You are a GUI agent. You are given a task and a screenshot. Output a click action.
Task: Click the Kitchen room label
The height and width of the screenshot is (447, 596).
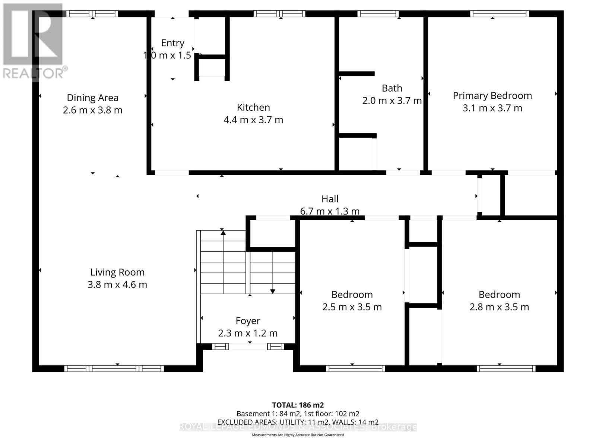point(253,107)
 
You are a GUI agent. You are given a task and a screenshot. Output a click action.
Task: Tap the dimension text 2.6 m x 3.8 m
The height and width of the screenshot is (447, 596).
point(92,110)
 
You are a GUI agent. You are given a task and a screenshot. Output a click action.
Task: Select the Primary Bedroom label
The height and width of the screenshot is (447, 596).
point(492,96)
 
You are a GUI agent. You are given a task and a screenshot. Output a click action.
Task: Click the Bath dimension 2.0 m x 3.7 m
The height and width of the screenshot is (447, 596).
point(392,101)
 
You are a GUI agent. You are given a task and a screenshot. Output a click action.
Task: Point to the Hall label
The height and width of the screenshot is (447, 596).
point(330,199)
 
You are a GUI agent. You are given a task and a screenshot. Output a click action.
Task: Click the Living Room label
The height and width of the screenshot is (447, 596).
point(117,272)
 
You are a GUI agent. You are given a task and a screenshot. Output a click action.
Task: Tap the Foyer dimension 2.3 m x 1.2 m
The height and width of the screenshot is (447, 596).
point(248,333)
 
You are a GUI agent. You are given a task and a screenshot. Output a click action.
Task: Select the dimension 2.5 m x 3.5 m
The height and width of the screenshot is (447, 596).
point(352,307)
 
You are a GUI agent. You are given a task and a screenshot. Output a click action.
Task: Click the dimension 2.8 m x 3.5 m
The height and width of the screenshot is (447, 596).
point(499,307)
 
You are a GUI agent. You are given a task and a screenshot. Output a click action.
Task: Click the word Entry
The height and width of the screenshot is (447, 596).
point(172,43)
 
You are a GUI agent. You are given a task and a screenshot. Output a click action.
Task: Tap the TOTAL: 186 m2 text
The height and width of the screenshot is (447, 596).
point(298,405)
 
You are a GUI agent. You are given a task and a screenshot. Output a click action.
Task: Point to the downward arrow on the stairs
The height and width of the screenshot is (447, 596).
point(273,291)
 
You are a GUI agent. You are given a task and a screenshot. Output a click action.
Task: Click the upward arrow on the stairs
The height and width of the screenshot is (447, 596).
point(223,233)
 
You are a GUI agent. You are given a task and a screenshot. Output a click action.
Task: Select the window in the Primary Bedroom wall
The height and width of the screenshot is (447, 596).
point(499,14)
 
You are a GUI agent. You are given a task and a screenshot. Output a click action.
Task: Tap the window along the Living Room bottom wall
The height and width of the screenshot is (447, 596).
point(114,368)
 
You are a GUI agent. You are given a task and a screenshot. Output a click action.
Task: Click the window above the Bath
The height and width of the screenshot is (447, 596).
point(378,14)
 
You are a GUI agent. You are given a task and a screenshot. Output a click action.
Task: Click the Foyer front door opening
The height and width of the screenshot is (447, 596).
point(248,347)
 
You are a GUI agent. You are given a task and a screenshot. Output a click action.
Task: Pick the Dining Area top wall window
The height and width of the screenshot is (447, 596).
point(92,14)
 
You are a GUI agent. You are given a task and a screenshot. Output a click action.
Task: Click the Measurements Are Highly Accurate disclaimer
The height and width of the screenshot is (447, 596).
point(298,435)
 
